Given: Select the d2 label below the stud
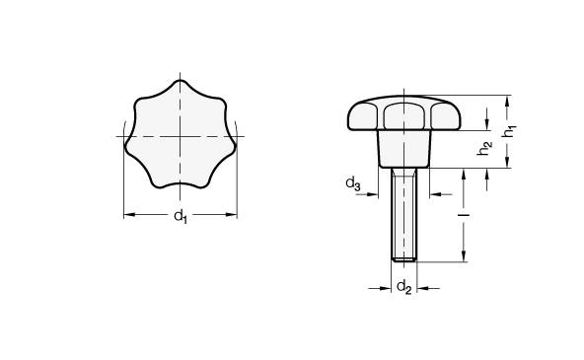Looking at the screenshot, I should [x=403, y=287].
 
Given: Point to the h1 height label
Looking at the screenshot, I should [x=508, y=129].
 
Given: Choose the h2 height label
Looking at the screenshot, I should [x=483, y=147].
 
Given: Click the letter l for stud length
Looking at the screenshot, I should [x=462, y=212].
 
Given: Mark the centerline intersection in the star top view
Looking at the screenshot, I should [x=180, y=135].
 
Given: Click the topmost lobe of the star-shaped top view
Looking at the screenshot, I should [x=180, y=88].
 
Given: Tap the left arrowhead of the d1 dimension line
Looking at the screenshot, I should [x=126, y=213].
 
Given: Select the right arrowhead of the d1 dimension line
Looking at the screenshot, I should [x=234, y=213].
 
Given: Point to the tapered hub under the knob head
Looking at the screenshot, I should [x=403, y=150].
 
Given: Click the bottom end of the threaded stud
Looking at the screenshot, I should [x=403, y=259].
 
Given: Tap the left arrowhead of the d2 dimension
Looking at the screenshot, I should [x=390, y=288].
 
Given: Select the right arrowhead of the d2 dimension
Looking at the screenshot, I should [x=418, y=288].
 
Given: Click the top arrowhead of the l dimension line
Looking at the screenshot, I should [x=462, y=172].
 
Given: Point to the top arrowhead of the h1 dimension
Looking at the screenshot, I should [x=508, y=99].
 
